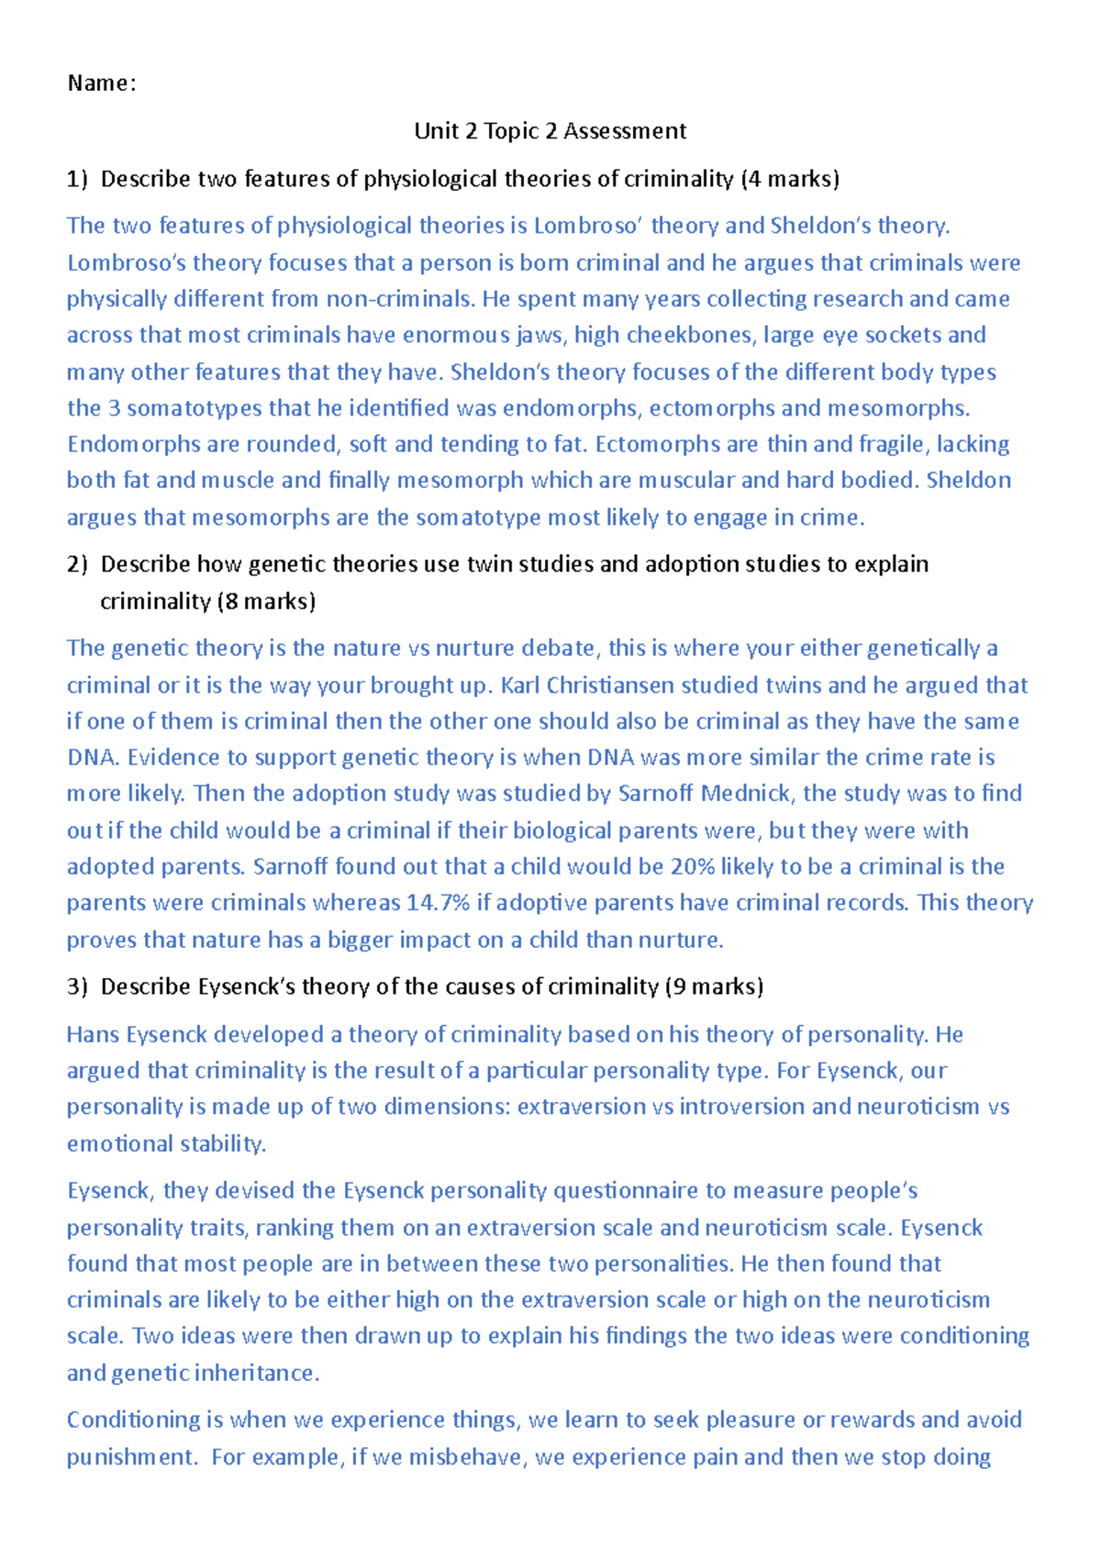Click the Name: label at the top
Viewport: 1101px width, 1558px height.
(101, 83)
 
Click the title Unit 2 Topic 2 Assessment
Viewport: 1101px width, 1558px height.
(550, 131)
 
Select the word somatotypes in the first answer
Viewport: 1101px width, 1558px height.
(194, 408)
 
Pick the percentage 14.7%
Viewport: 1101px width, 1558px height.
(438, 903)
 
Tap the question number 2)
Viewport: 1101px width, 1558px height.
(77, 564)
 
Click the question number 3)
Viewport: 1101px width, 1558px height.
(77, 986)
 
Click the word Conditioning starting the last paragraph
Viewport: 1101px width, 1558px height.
(133, 1420)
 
